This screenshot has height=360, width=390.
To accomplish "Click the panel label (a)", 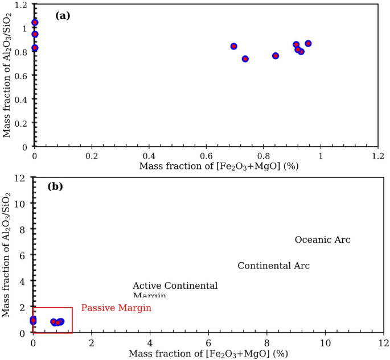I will [63, 16].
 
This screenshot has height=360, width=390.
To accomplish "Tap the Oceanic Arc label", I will [322, 240].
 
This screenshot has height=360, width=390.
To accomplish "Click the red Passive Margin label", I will [116, 308].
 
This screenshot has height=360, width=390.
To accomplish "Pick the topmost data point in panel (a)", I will [35, 23].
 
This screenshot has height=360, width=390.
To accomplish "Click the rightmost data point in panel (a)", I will [308, 44].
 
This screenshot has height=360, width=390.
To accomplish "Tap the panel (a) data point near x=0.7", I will [233, 46].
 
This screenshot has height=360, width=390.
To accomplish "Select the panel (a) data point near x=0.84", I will [276, 56].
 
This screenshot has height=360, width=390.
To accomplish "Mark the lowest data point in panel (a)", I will [245, 59].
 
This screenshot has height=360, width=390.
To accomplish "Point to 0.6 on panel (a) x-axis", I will [206, 156].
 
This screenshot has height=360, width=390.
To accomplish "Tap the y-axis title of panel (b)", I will [7, 255].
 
